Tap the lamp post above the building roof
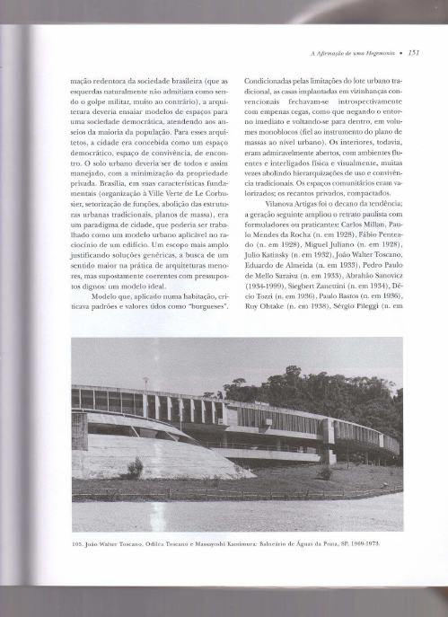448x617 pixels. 146,383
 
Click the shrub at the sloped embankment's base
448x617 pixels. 135,468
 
